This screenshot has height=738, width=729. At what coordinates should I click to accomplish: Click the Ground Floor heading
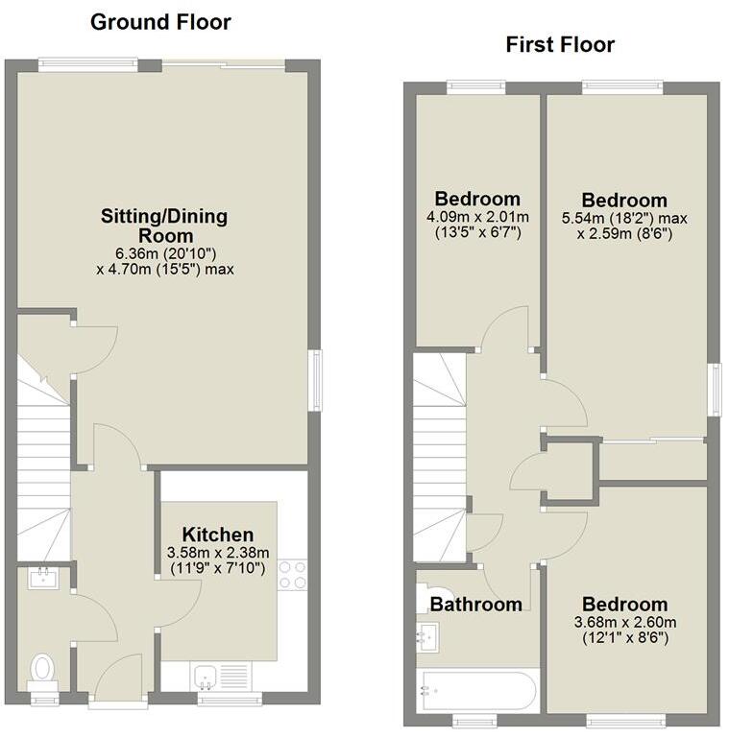(160, 21)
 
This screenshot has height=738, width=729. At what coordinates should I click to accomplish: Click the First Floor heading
(560, 44)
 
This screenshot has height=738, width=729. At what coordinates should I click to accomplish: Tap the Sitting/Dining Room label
(164, 226)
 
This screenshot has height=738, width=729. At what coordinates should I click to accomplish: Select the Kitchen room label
(218, 535)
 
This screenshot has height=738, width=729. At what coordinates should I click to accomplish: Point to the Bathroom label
(475, 604)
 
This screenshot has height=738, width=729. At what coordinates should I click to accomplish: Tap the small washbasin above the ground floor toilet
(44, 578)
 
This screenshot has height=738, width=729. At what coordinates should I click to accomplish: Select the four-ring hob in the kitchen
(292, 574)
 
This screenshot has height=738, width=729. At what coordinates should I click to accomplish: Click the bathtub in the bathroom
(475, 688)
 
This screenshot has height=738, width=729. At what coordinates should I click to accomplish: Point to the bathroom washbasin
(428, 634)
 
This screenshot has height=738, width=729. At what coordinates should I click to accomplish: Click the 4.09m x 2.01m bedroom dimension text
(476, 217)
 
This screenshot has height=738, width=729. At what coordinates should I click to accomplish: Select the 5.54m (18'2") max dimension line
(624, 218)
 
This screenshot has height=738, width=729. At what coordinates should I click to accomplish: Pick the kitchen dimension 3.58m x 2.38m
(218, 552)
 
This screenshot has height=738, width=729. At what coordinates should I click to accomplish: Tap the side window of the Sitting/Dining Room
(314, 382)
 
